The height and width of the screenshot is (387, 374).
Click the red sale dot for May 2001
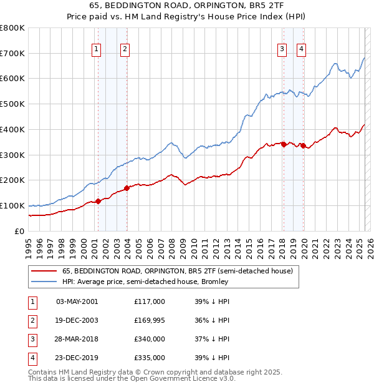click(x=98, y=201)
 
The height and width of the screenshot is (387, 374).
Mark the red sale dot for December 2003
click(x=127, y=187)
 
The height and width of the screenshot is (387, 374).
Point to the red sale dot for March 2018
click(x=284, y=144)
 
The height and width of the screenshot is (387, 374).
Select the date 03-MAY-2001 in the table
click(x=77, y=301)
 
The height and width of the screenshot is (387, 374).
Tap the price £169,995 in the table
click(x=150, y=320)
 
